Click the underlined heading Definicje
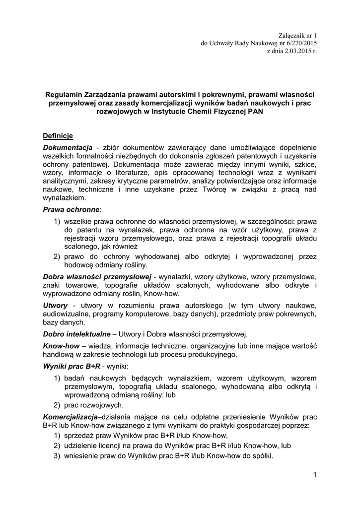click(x=58, y=135)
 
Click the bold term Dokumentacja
click(x=68, y=148)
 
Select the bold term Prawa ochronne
click(x=71, y=210)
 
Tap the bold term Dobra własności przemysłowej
click(x=97, y=276)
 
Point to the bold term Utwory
click(x=56, y=305)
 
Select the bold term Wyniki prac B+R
click(x=72, y=366)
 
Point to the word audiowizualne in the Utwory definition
click(x=69, y=314)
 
